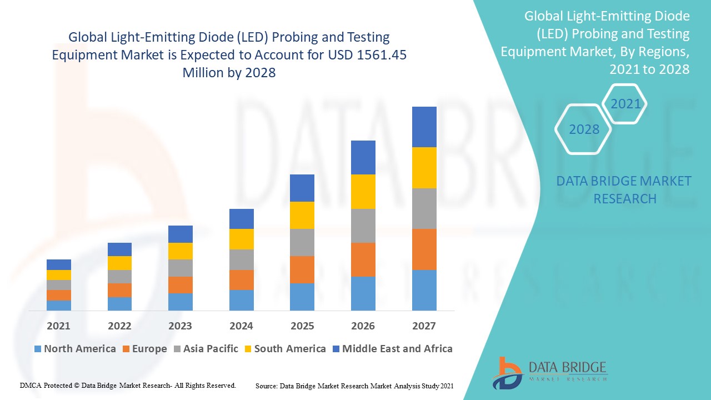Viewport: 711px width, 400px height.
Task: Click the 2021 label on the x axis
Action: click(58, 326)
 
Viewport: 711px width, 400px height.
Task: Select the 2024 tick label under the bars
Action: click(241, 326)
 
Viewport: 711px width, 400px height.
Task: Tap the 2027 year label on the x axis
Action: click(424, 326)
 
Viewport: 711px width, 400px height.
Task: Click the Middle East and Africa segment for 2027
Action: click(424, 127)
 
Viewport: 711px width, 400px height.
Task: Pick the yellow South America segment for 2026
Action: click(363, 192)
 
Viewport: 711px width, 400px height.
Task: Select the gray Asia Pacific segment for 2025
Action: click(302, 242)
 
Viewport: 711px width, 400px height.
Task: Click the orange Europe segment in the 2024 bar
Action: click(241, 280)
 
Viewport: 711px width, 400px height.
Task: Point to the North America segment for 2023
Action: click(181, 302)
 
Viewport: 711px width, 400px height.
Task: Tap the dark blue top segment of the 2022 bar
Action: click(119, 249)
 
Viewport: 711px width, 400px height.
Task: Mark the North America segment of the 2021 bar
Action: click(58, 306)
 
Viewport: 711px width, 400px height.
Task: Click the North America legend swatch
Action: click(38, 349)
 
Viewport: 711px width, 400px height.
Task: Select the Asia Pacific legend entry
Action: click(206, 349)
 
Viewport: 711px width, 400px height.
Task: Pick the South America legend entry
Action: click(284, 349)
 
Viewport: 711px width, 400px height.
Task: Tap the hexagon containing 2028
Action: click(584, 129)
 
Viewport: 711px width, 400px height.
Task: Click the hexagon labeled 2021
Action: click(625, 104)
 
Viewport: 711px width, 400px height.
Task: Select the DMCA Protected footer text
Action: click(128, 385)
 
